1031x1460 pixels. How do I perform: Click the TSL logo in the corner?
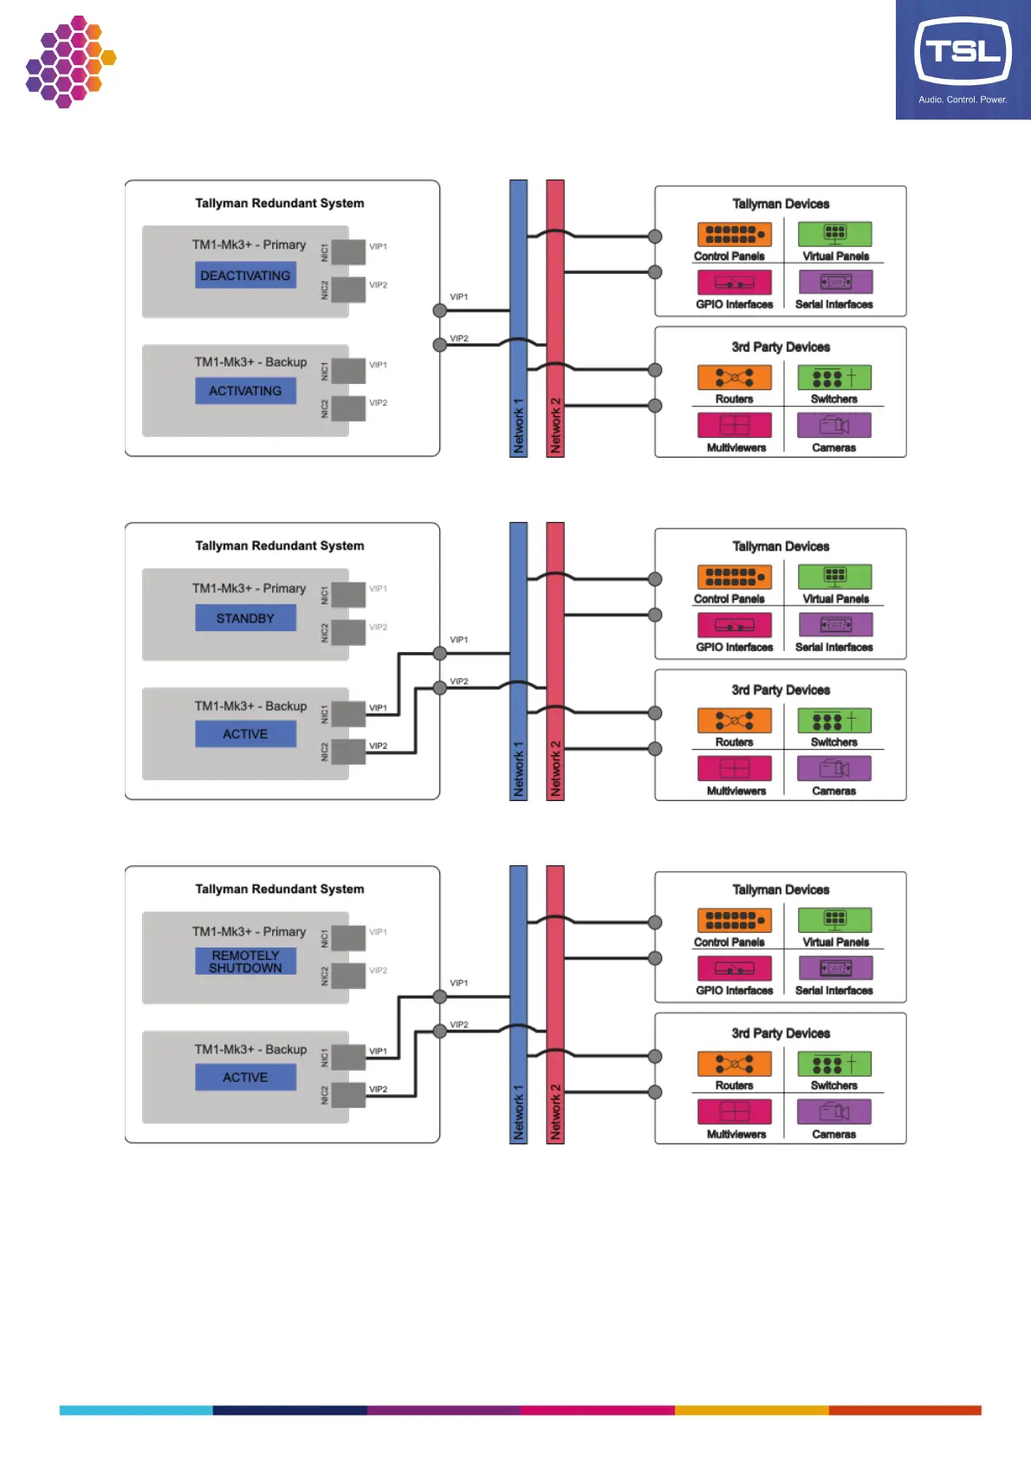[x=963, y=59]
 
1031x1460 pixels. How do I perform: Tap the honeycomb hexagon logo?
[x=70, y=62]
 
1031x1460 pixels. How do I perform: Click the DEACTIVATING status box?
[x=245, y=276]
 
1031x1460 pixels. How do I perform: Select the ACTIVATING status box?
[x=245, y=391]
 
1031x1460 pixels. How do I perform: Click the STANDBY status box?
[x=245, y=618]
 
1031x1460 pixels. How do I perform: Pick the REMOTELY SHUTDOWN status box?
[x=245, y=961]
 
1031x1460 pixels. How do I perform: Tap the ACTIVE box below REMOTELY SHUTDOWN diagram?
[x=245, y=1077]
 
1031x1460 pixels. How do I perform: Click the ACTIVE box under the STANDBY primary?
[x=245, y=734]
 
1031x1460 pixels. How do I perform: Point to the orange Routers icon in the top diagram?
[x=734, y=378]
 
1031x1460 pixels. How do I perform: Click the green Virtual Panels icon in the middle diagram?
[x=835, y=577]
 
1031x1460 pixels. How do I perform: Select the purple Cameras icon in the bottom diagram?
[x=834, y=1111]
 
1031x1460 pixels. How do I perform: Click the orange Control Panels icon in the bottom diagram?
[x=734, y=920]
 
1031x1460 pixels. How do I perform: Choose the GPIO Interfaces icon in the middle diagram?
[x=734, y=625]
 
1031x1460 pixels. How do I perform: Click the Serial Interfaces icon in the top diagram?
[x=835, y=282]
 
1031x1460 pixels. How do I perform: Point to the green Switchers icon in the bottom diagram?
[x=834, y=1064]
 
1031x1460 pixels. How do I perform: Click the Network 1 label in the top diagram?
[x=519, y=427]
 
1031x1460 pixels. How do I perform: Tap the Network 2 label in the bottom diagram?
[x=555, y=1112]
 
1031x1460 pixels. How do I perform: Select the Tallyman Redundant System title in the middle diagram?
[x=280, y=546]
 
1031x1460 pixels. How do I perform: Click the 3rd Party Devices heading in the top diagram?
[x=781, y=347]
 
